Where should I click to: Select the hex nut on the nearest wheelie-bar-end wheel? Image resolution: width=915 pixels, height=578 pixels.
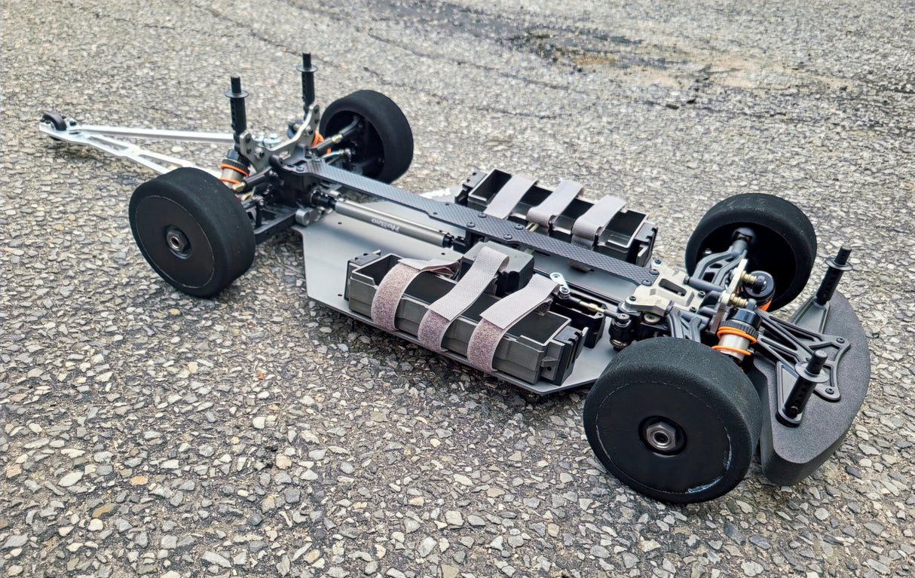[x=179, y=241]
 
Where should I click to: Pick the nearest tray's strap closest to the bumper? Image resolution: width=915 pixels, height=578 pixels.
[x=505, y=320]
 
